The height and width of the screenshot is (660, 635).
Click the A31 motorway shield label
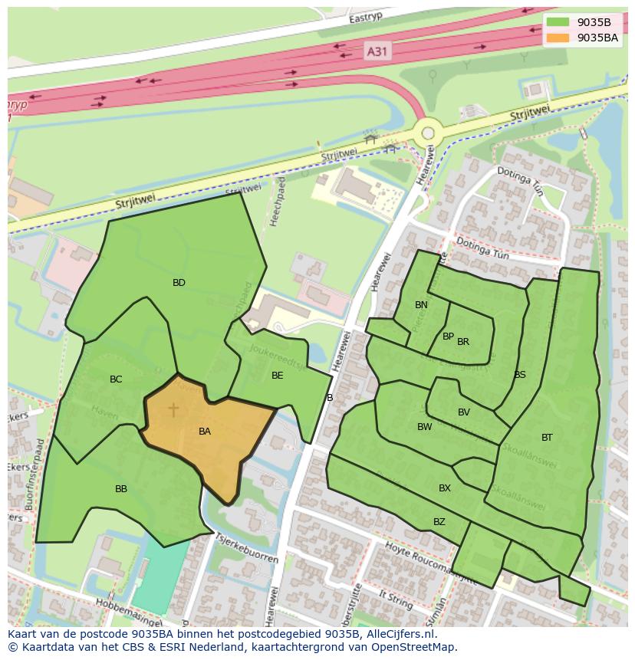(377, 51)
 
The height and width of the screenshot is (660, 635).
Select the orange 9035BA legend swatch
(558, 38)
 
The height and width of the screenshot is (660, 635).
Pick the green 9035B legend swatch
(558, 22)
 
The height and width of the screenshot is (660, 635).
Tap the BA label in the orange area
(205, 432)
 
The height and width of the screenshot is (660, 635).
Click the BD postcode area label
(179, 283)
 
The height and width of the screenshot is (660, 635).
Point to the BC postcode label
(116, 379)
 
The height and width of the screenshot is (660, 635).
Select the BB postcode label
(121, 489)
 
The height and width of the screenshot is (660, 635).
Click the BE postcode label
(278, 376)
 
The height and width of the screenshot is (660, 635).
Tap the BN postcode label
(421, 305)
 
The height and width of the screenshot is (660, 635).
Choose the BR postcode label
(463, 342)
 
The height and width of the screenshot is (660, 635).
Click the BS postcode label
(520, 375)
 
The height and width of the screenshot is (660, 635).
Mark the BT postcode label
(547, 438)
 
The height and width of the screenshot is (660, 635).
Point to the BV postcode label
(464, 412)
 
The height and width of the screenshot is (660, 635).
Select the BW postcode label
(425, 427)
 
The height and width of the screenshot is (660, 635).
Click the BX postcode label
(445, 488)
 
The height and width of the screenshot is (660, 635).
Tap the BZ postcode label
(439, 522)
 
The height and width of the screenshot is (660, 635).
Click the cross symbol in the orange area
(173, 410)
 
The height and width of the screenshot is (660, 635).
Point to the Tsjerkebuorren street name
(247, 547)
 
